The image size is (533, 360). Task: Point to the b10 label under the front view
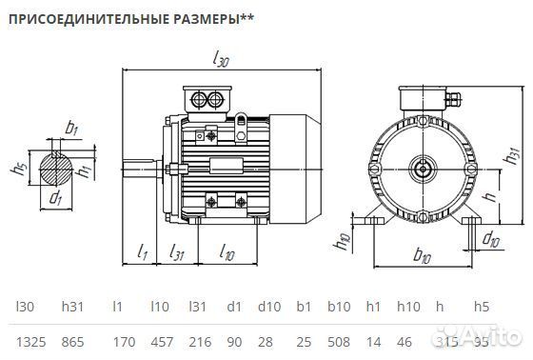click(423, 257)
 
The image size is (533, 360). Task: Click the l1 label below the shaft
click(143, 252)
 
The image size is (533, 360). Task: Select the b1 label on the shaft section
click(71, 127)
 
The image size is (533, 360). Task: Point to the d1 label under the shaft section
click(56, 199)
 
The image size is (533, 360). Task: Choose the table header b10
click(337, 306)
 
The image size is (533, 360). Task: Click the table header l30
click(24, 306)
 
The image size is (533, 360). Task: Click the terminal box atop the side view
click(207, 99)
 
